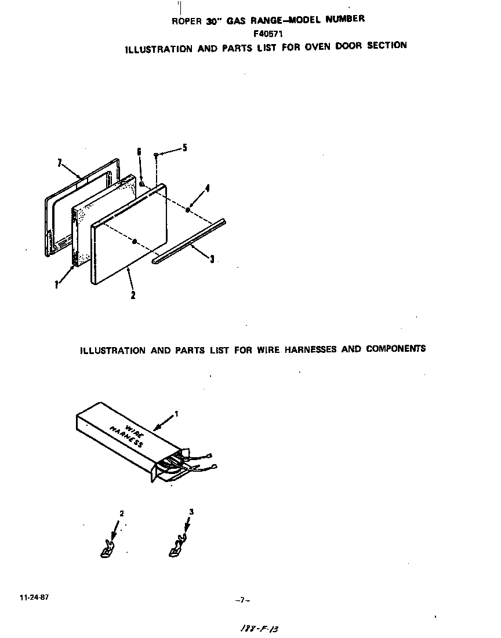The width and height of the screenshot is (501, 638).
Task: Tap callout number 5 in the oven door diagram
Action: [184, 148]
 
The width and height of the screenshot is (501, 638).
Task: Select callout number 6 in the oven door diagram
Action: [139, 152]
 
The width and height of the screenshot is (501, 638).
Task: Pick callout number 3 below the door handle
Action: [212, 260]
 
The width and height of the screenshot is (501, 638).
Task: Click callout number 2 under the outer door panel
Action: [133, 294]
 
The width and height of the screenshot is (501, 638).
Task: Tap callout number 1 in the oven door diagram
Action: [56, 285]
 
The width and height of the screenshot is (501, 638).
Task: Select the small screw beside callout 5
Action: [156, 155]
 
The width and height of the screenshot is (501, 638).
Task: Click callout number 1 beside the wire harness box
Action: [177, 414]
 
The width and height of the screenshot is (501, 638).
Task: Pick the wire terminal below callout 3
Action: [177, 549]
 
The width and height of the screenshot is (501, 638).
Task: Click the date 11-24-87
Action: [34, 597]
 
